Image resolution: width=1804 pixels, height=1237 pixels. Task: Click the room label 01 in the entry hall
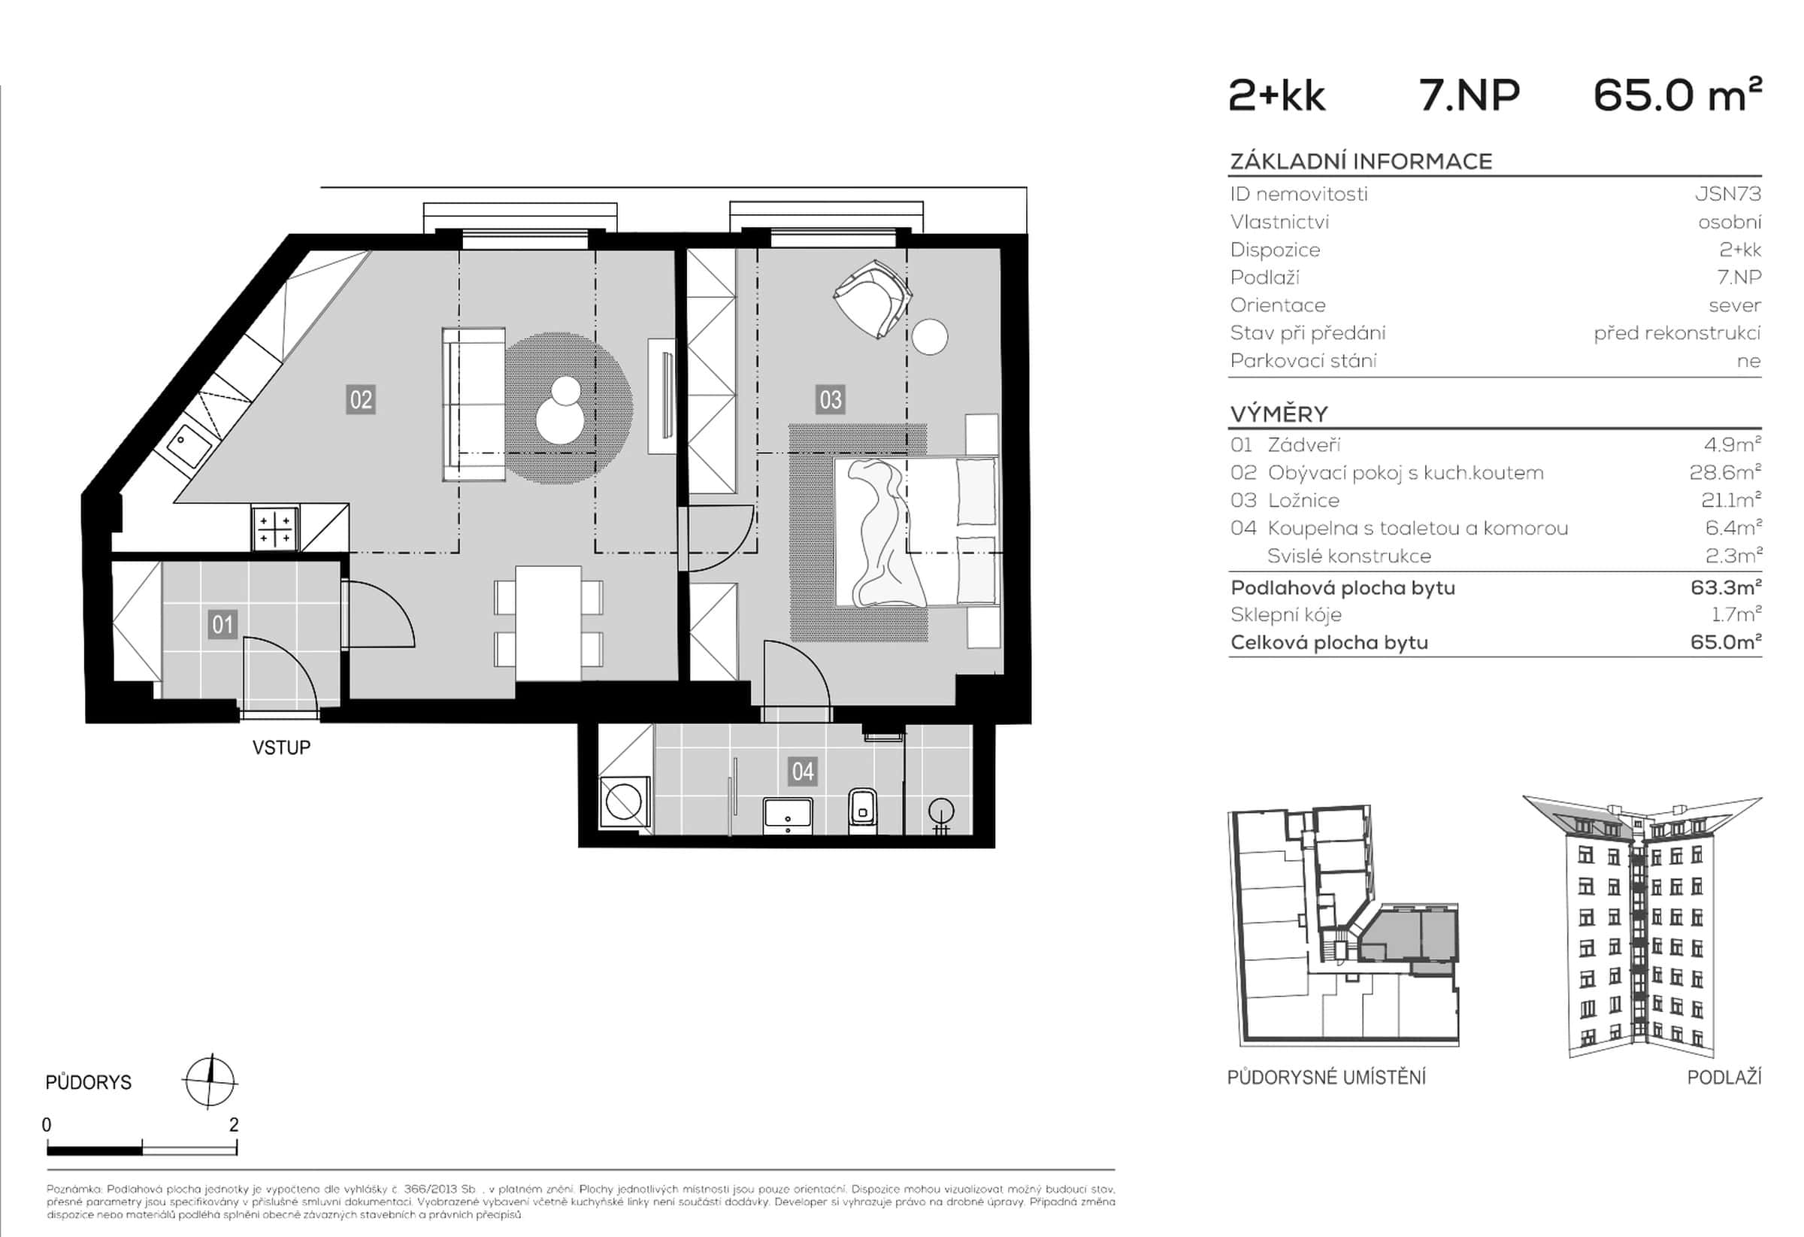tap(222, 624)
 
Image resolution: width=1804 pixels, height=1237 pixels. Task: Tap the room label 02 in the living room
tap(361, 400)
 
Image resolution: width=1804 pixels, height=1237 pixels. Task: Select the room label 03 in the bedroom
tap(830, 400)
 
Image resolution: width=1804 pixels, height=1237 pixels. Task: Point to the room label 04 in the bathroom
tap(802, 772)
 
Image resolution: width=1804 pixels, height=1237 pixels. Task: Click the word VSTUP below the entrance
tap(281, 747)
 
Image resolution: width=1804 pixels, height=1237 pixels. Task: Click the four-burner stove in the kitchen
tap(275, 528)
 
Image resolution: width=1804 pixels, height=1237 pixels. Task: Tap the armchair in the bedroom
tap(873, 299)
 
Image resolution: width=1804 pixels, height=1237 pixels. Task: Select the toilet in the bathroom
tap(862, 810)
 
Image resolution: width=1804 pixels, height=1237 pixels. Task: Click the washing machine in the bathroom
tap(625, 802)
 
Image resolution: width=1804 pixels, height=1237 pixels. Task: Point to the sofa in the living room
tap(474, 405)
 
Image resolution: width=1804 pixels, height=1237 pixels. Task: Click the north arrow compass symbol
tap(210, 1081)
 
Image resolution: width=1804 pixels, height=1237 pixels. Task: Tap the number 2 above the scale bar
tap(234, 1124)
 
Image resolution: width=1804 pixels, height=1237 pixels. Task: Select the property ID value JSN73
tap(1728, 194)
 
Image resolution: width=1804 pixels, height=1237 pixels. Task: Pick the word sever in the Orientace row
tap(1734, 305)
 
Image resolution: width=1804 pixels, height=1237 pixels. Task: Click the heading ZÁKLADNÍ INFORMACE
tap(1361, 162)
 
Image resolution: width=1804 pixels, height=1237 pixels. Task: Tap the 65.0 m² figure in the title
tap(1677, 96)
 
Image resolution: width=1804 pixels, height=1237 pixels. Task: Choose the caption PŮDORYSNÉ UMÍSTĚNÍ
tap(1326, 1078)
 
